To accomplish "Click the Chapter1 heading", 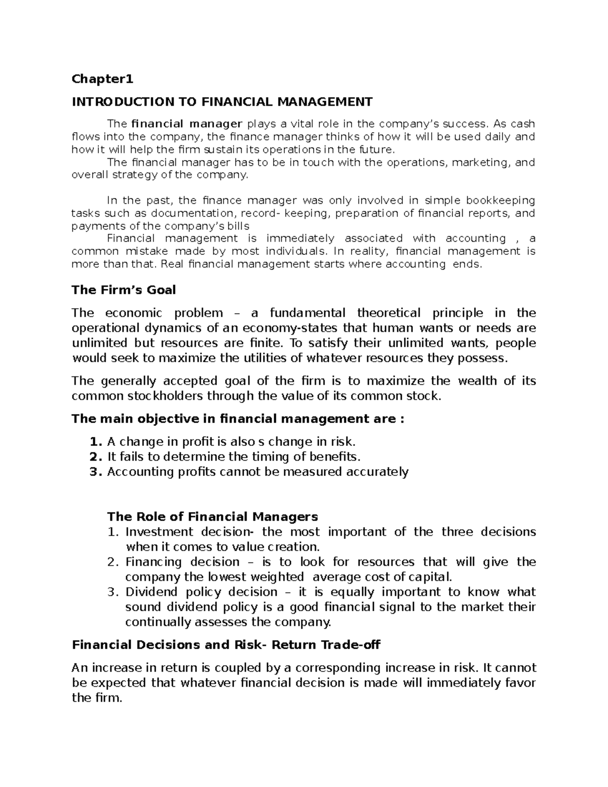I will [x=102, y=79].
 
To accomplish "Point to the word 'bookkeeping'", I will [x=501, y=200].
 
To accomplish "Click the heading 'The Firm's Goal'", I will [x=124, y=290].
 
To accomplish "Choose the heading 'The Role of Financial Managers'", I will [x=212, y=516].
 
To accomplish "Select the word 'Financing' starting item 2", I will [x=154, y=562].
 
